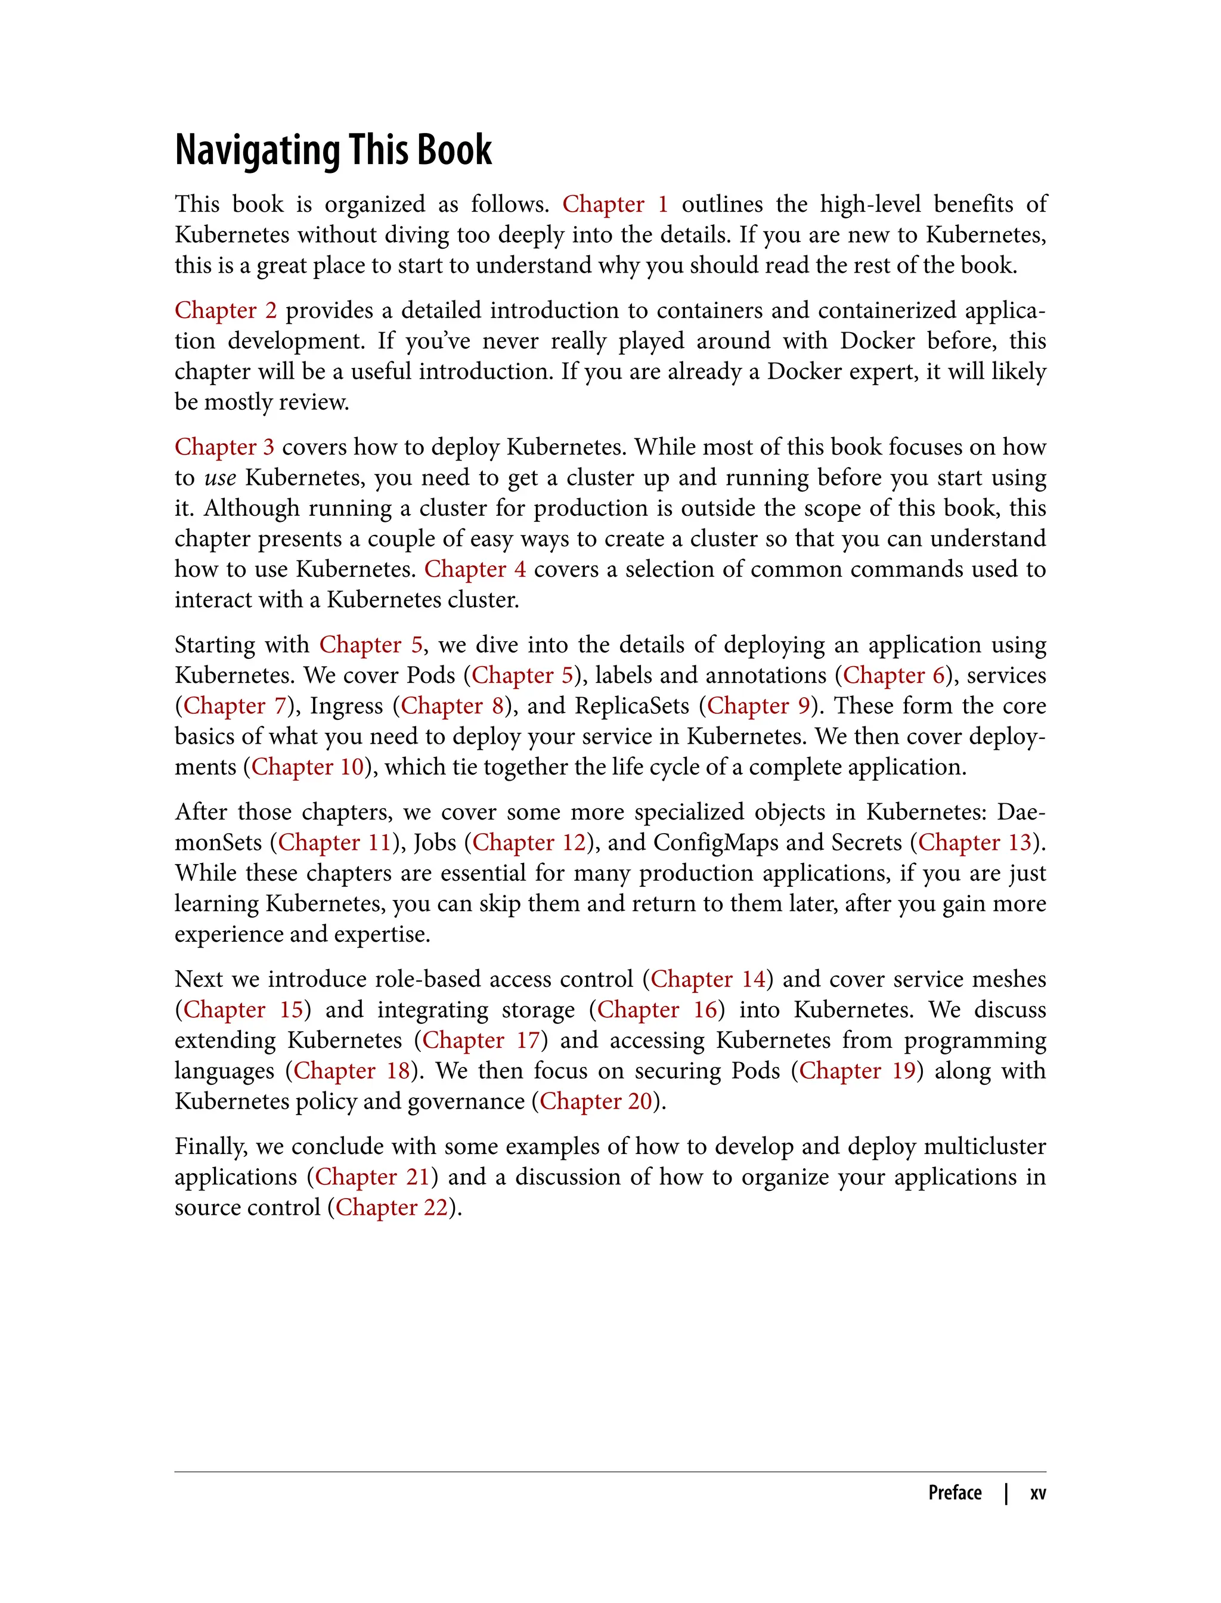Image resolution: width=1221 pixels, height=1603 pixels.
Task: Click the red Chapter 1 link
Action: (x=615, y=205)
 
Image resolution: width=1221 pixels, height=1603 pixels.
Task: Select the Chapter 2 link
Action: (x=225, y=311)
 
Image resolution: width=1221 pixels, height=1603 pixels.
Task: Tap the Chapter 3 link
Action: (x=224, y=447)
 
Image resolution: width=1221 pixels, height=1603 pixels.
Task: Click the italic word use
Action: (x=220, y=478)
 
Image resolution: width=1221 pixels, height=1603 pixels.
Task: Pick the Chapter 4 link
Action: (x=475, y=570)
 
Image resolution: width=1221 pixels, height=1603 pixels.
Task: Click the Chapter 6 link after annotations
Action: (x=893, y=675)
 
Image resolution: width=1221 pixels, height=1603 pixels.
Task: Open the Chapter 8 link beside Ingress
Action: (x=452, y=706)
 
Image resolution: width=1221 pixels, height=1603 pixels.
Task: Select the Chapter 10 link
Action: (x=308, y=767)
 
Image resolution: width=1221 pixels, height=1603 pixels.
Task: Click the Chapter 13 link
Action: (x=975, y=843)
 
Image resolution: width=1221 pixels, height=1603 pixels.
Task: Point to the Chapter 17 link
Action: (x=481, y=1040)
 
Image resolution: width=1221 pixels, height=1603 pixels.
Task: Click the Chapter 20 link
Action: (x=596, y=1101)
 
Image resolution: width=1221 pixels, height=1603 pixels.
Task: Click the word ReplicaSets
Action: (x=631, y=706)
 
